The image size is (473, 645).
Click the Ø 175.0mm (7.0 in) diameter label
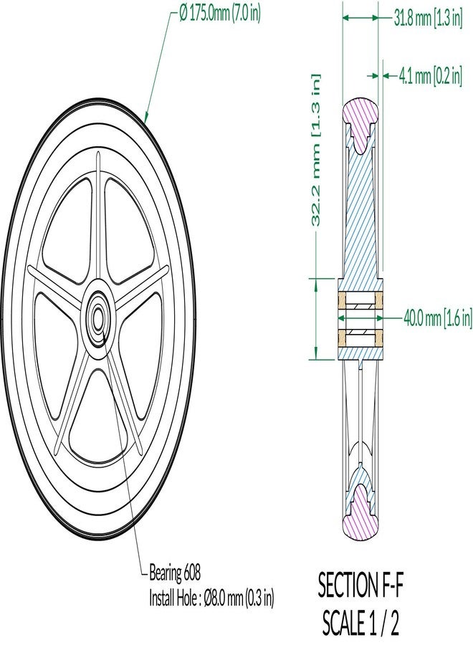(x=220, y=14)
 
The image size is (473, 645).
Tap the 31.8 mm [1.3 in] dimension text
(x=428, y=18)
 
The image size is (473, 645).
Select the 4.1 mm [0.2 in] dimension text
(x=430, y=76)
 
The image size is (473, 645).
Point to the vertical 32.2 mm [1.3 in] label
(x=315, y=150)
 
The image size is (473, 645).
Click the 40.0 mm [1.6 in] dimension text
(x=438, y=318)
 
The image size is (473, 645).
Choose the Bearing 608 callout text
(x=174, y=573)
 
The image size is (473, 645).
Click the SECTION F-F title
(x=360, y=586)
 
